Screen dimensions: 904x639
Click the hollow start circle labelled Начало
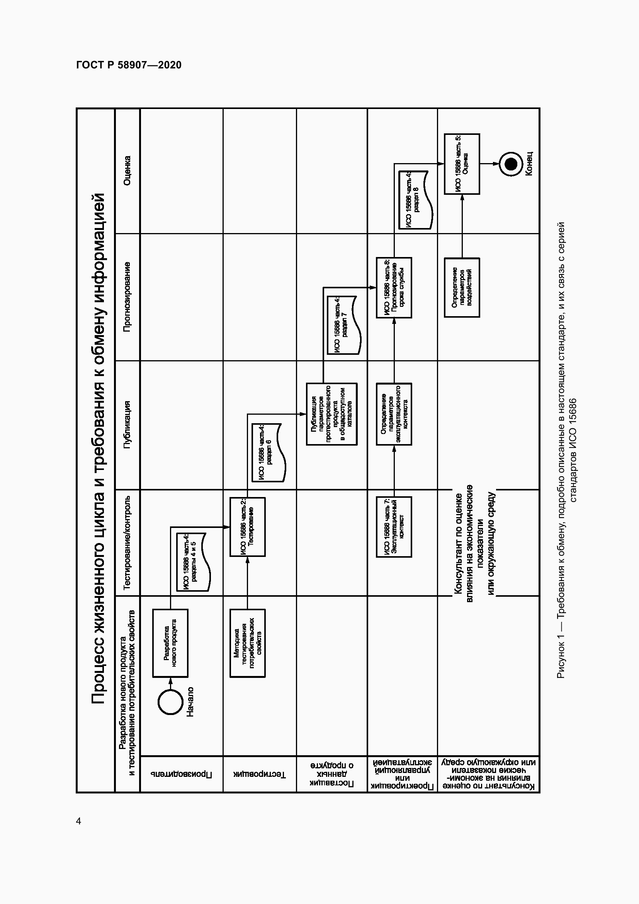pos(170,701)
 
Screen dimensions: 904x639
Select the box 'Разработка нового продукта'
pos(170,643)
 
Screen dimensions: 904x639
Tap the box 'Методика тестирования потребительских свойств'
pos(248,643)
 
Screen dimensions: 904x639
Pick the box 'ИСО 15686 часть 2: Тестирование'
pos(248,527)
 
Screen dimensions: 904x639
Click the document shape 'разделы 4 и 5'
pos(192,562)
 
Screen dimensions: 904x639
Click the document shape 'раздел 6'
pos(269,453)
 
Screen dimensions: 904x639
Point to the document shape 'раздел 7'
pos(343,325)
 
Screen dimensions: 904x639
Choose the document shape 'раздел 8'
pos(415,200)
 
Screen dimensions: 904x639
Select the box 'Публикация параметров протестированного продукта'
pos(332,414)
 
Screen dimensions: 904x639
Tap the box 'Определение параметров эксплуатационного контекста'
pos(394,414)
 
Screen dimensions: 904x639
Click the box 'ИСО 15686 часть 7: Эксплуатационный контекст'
pos(394,527)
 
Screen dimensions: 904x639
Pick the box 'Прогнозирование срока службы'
pos(394,288)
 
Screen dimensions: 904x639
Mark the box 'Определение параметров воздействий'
pos(462,288)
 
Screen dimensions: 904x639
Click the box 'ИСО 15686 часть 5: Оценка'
pos(462,164)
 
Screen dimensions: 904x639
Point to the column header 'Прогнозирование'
pos(127,297)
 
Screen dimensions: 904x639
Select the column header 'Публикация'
pos(127,425)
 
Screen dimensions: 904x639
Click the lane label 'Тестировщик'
pos(260,774)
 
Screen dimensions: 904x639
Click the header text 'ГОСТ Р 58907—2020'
pos(129,65)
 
